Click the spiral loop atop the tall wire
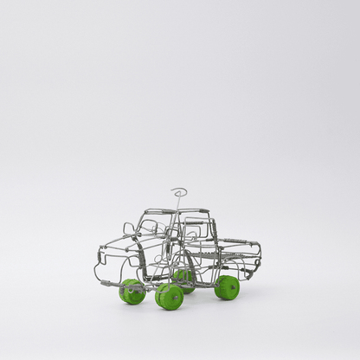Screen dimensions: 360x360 click(179, 191)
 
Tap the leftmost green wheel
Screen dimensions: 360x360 click(132, 292)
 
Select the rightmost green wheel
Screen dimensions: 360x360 click(228, 287)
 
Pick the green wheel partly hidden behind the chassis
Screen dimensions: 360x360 click(183, 277)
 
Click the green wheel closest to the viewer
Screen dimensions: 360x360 click(170, 297)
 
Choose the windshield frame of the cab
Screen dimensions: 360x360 click(152, 227)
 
